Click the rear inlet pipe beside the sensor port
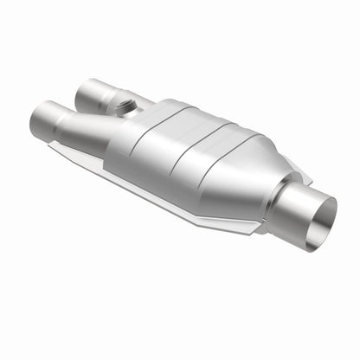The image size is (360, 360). (93, 93)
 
